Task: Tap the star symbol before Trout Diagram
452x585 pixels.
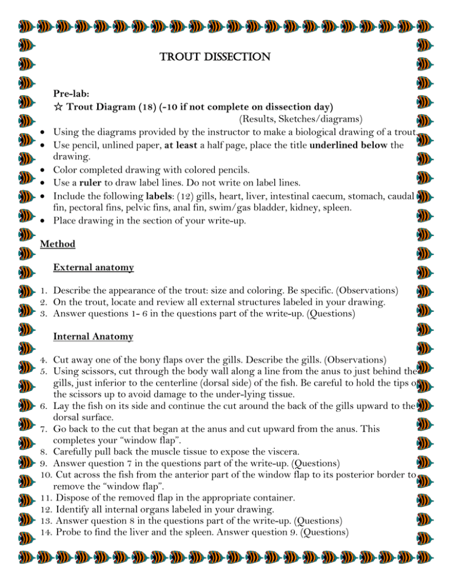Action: pyautogui.click(x=58, y=107)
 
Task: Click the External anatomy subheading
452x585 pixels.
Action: pyautogui.click(x=93, y=268)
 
